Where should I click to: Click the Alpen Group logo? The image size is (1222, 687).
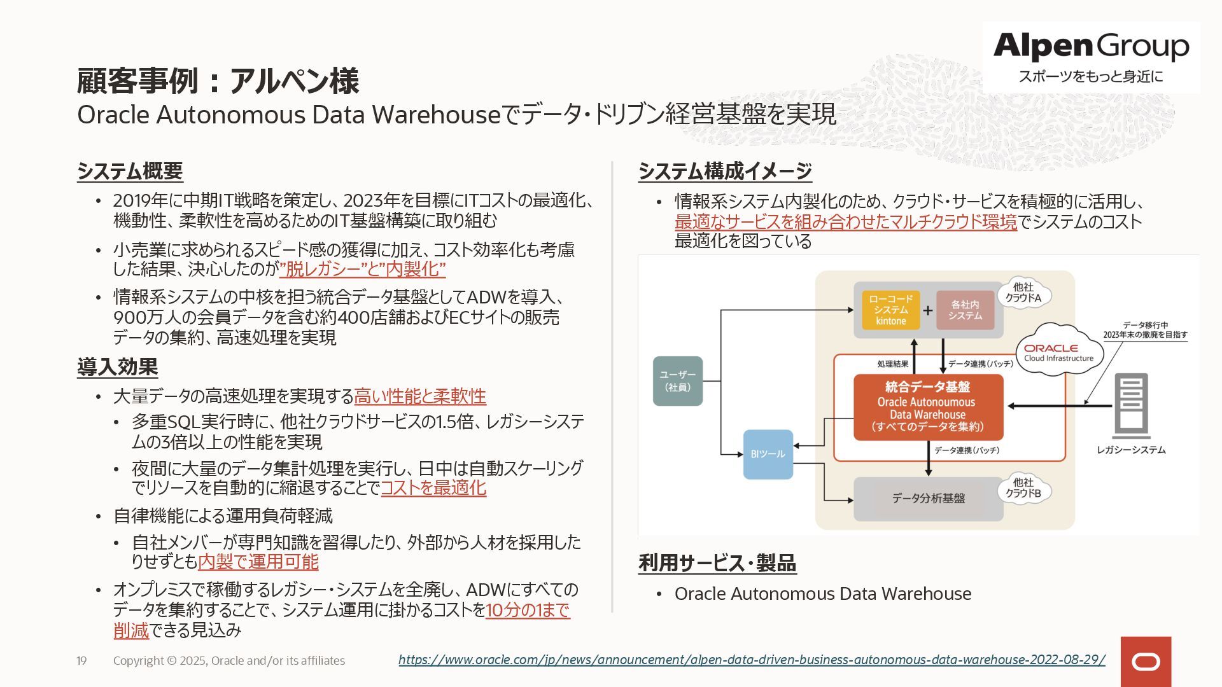[x=1091, y=57]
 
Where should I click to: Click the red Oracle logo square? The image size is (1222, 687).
[x=1146, y=662]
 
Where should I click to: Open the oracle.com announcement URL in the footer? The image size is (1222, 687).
[x=752, y=660]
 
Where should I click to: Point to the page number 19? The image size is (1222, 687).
[x=81, y=661]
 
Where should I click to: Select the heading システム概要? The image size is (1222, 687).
[x=130, y=171]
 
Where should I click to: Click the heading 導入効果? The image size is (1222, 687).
[x=117, y=367]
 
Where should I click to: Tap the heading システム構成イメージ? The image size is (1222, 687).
[x=725, y=171]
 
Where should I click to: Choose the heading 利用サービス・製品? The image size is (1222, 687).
[x=717, y=563]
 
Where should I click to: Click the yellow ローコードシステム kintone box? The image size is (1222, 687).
[x=890, y=310]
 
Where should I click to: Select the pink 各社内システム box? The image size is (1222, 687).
[x=965, y=310]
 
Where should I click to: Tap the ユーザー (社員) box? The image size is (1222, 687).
[x=678, y=381]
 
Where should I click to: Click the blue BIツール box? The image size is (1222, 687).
[x=768, y=454]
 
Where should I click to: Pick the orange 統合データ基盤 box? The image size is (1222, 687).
[x=928, y=407]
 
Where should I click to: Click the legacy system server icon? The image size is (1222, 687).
[x=1131, y=405]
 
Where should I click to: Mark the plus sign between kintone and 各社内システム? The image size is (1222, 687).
[x=928, y=310]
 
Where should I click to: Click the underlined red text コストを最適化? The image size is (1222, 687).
[x=433, y=488]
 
